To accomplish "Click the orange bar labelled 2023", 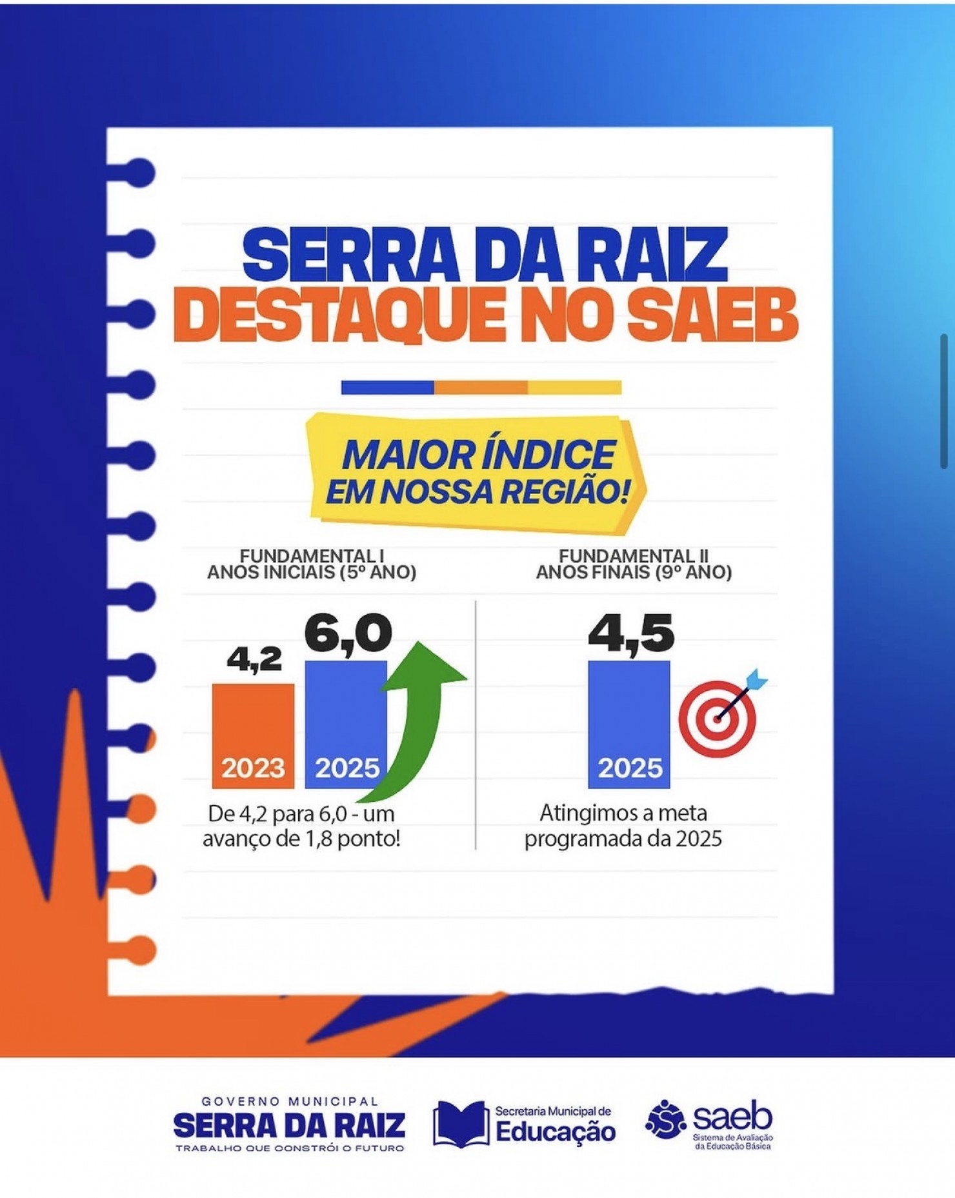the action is pyautogui.click(x=253, y=735).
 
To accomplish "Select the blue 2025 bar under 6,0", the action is pyautogui.click(x=346, y=724).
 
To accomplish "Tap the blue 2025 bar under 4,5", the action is pyautogui.click(x=628, y=724).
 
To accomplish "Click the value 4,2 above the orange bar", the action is pyautogui.click(x=254, y=659).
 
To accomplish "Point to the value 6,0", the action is pyautogui.click(x=348, y=634).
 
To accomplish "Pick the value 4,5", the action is pyautogui.click(x=631, y=634).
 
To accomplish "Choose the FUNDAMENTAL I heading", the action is pyautogui.click(x=312, y=555).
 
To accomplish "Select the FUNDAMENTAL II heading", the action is pyautogui.click(x=634, y=555).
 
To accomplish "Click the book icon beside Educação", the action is pyautogui.click(x=460, y=1124).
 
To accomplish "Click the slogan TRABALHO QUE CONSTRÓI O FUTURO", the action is pyautogui.click(x=290, y=1148).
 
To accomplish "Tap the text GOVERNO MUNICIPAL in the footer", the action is pyautogui.click(x=290, y=1101).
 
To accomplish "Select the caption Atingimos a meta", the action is pyautogui.click(x=623, y=813).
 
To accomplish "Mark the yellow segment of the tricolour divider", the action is pyautogui.click(x=574, y=387).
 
